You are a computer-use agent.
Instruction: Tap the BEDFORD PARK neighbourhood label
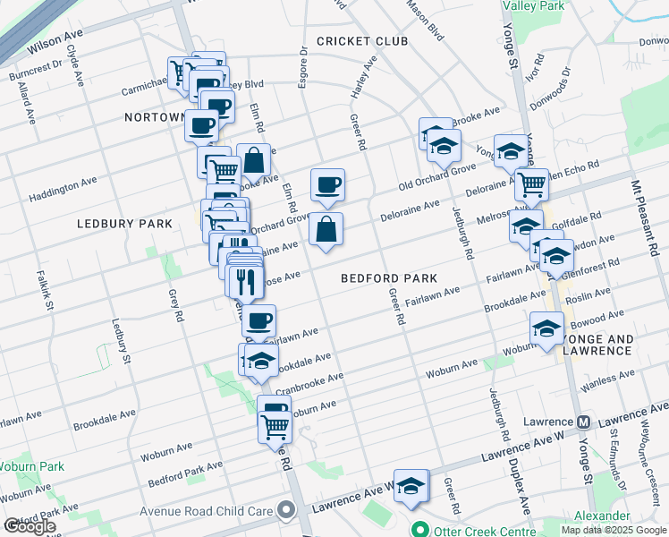(388, 278)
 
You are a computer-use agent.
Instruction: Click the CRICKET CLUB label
(361, 41)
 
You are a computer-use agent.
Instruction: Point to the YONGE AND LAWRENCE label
(596, 345)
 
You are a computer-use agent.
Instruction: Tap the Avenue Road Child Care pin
(286, 511)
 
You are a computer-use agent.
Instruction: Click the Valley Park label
(534, 5)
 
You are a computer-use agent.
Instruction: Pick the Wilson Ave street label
(55, 40)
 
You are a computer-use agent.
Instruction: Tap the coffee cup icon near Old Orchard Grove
(327, 184)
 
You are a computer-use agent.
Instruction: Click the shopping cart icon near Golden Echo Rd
(532, 184)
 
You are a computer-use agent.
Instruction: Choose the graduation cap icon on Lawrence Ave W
(411, 486)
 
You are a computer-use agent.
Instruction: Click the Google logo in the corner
(30, 526)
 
